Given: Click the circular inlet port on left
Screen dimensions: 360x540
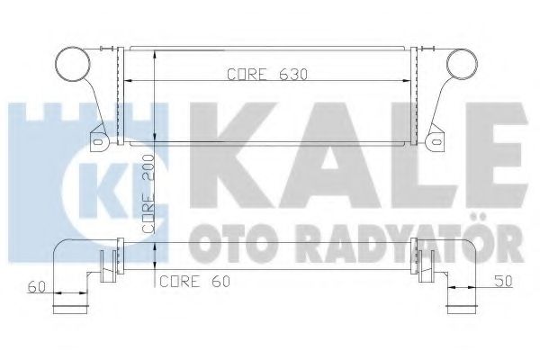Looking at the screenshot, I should [71, 66].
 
